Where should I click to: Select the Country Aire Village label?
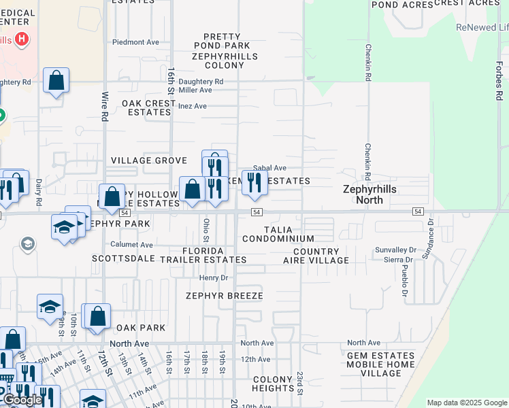pyautogui.click(x=316, y=256)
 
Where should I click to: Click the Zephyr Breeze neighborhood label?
pyautogui.click(x=224, y=296)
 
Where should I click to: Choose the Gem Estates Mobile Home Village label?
pyautogui.click(x=381, y=364)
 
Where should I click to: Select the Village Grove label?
pyautogui.click(x=149, y=160)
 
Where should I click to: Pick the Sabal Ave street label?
pyautogui.click(x=269, y=168)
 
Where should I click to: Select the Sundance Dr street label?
pyautogui.click(x=427, y=239)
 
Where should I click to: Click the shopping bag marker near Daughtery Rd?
pyautogui.click(x=56, y=80)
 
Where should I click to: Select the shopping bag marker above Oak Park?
pyautogui.click(x=97, y=316)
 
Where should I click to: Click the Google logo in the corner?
pyautogui.click(x=22, y=400)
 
